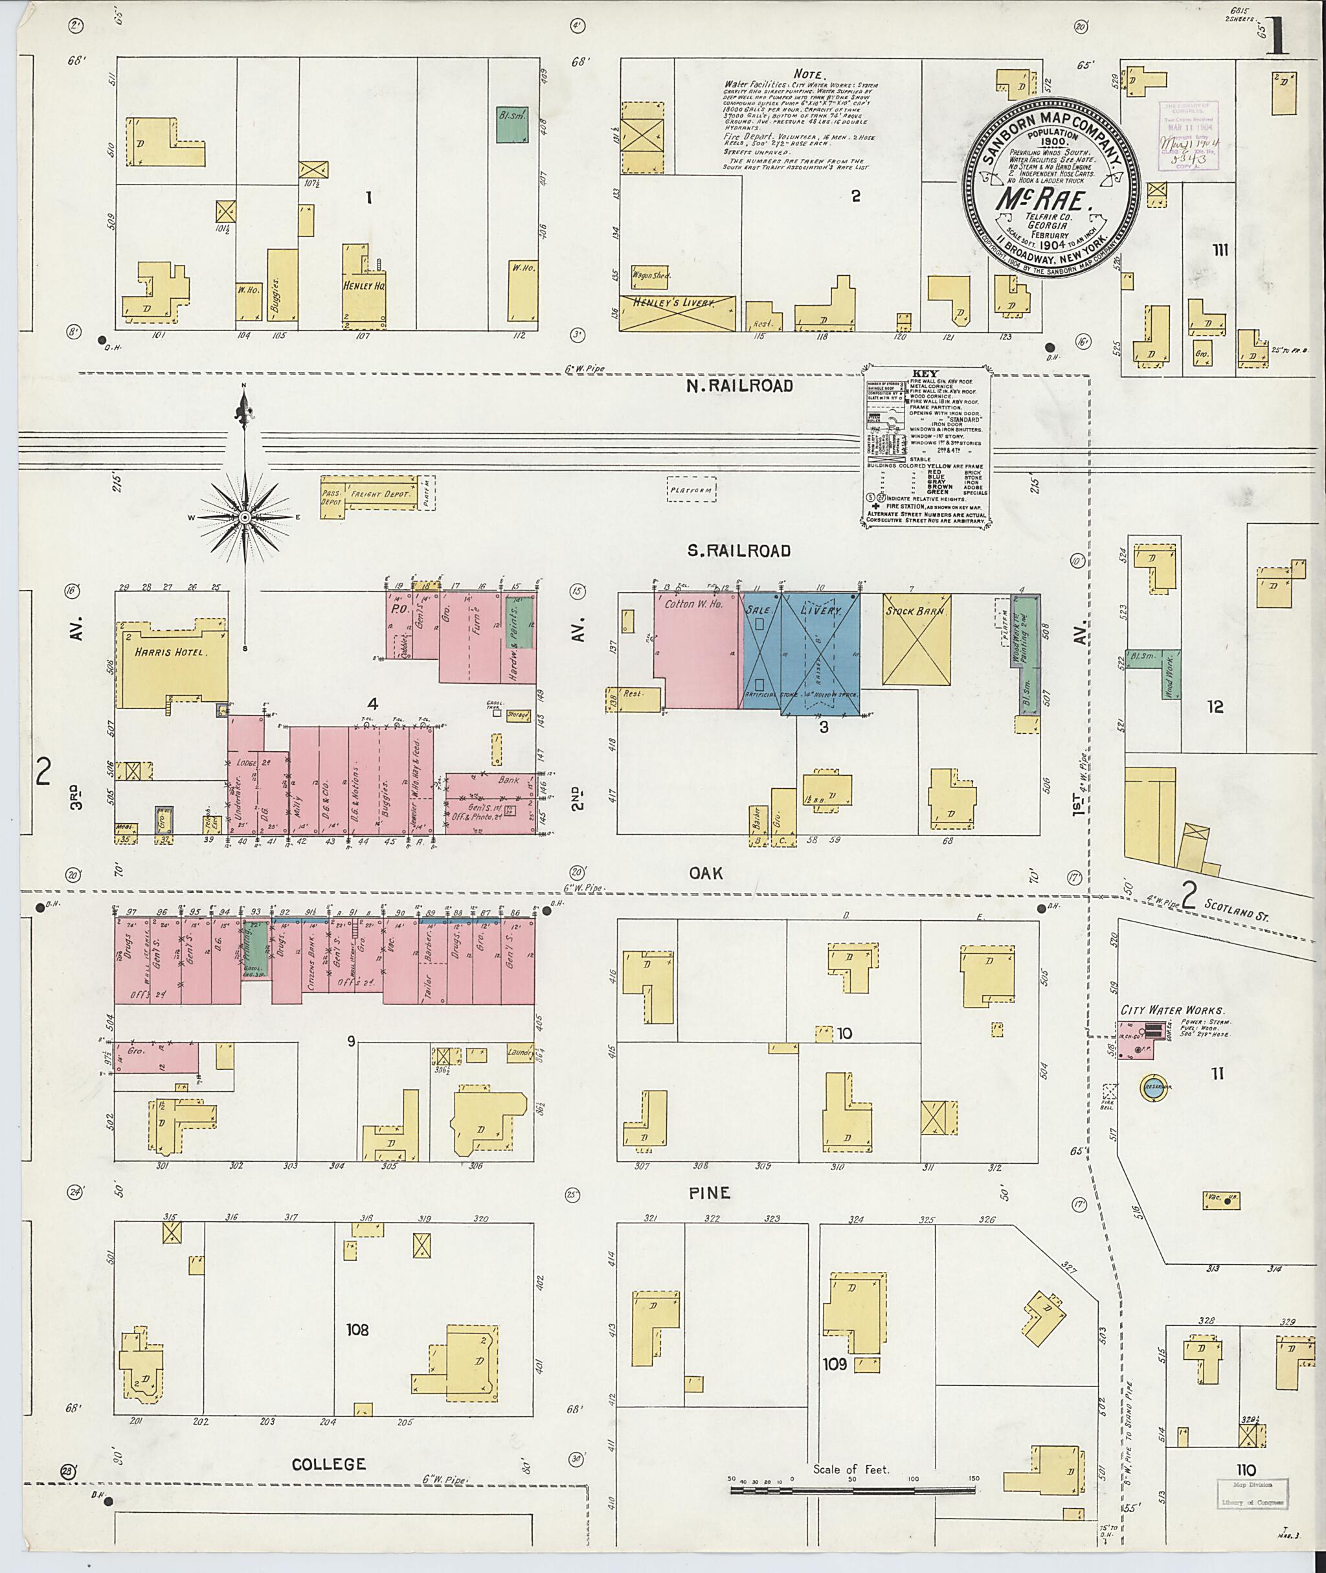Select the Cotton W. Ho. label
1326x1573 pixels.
(692, 604)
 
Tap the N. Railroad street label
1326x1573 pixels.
(739, 386)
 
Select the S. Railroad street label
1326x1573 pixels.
(739, 550)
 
